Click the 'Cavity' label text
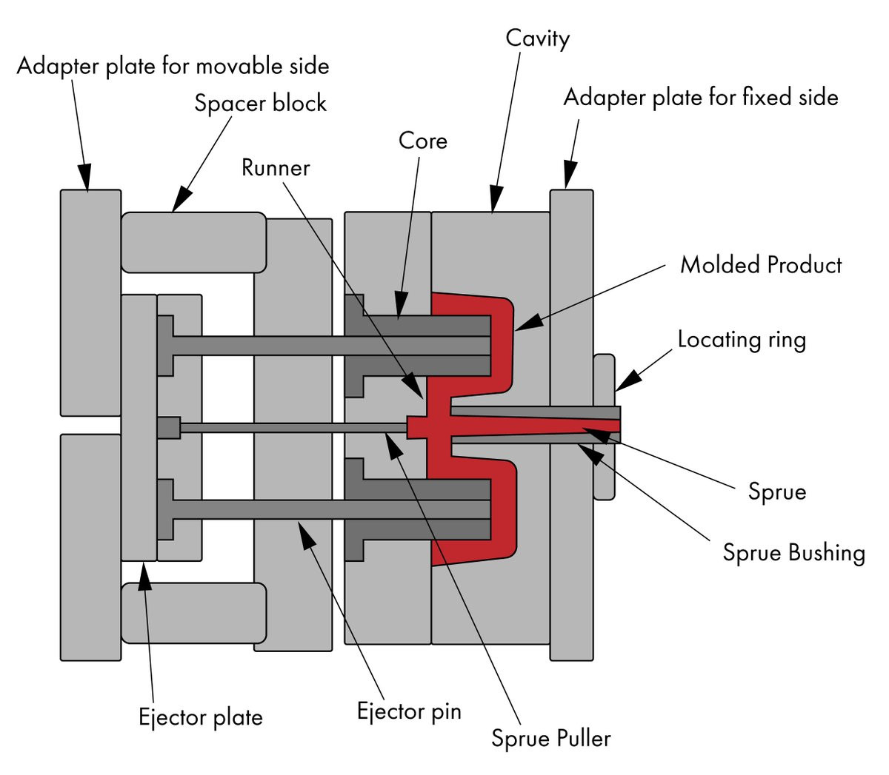(537, 39)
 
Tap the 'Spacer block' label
(260, 104)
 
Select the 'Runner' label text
(276, 167)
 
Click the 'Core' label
(423, 141)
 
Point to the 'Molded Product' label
(760, 265)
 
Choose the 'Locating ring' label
(742, 340)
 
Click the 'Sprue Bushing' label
(794, 553)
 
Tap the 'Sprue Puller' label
(551, 738)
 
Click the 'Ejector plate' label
(201, 717)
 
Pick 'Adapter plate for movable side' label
(173, 67)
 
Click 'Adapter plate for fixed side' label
(701, 98)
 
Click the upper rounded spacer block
(194, 242)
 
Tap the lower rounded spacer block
(194, 613)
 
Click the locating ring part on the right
(605, 427)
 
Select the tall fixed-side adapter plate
(571, 425)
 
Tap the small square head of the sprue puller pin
(169, 428)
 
